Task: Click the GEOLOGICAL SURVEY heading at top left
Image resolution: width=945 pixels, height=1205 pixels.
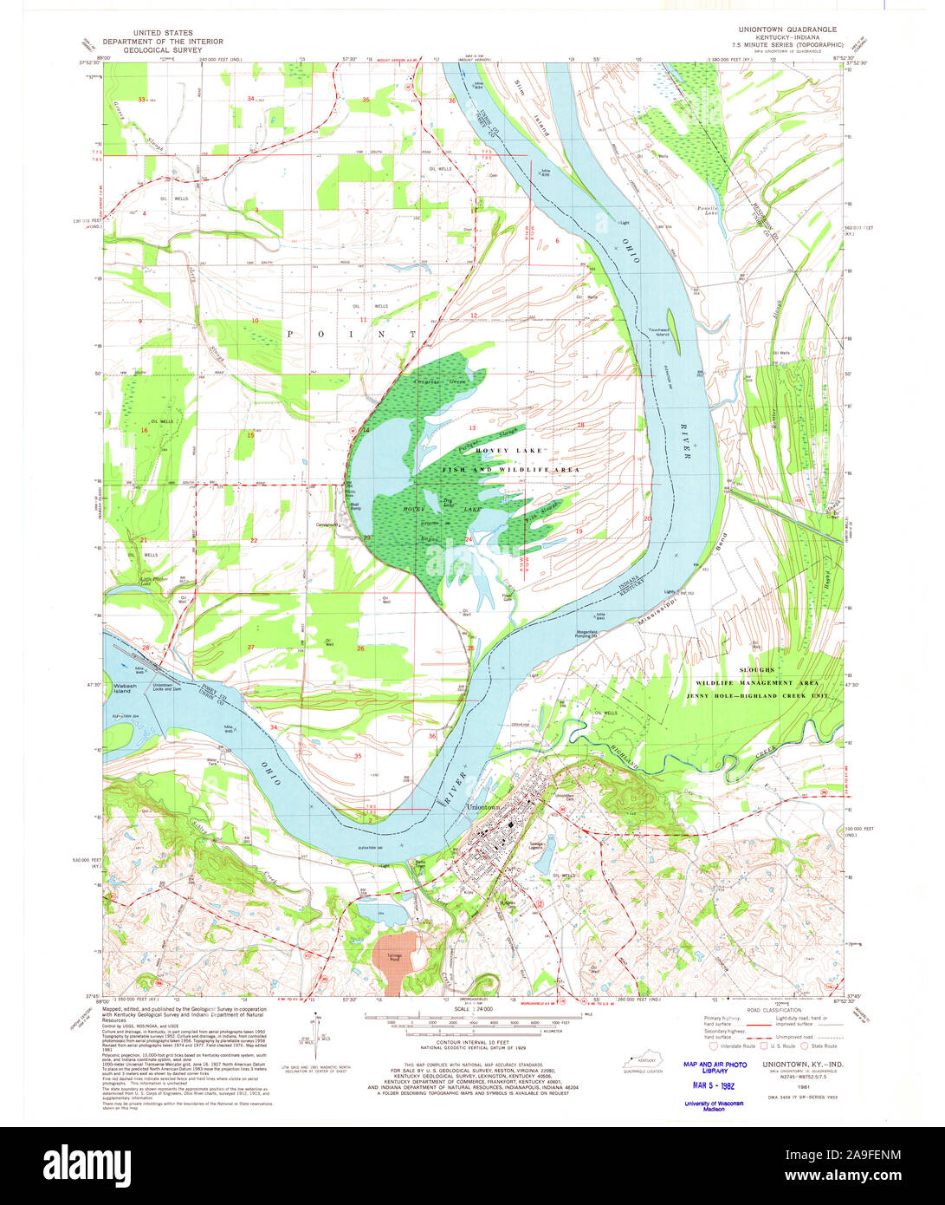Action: [163, 50]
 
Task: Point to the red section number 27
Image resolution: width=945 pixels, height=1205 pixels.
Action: [250, 648]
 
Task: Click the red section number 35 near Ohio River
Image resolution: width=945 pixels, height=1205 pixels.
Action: [358, 756]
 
